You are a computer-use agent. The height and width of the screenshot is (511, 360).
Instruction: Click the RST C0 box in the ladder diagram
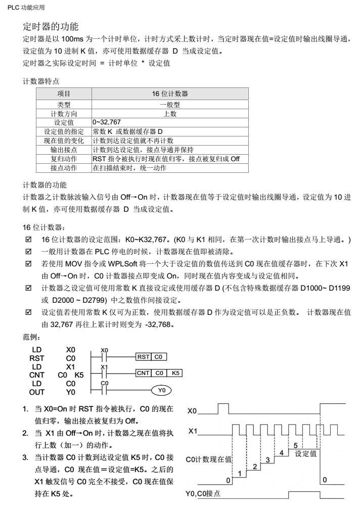pos(152,357)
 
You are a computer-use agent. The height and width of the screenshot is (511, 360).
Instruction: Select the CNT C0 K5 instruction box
pos(159,374)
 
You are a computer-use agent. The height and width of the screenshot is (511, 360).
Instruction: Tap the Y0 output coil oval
pos(161,390)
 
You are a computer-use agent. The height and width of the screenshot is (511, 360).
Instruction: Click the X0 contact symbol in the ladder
pos(104,357)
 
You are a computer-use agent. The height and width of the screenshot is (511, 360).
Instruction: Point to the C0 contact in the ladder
pos(104,390)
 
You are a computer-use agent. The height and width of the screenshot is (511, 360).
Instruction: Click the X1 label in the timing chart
pos(193,431)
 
